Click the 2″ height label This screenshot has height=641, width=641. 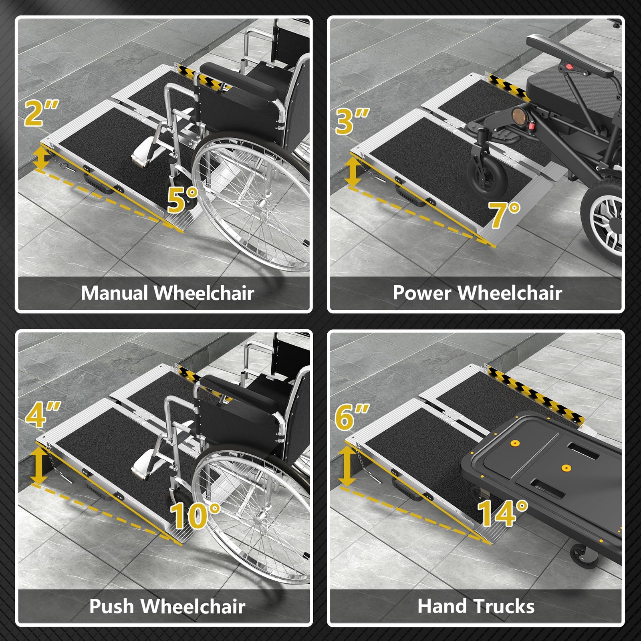pyautogui.click(x=41, y=113)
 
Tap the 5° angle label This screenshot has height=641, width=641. pyautogui.click(x=183, y=199)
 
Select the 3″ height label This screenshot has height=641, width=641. pyautogui.click(x=352, y=121)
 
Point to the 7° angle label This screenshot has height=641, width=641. pyautogui.click(x=504, y=215)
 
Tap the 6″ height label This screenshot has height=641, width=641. pyautogui.click(x=352, y=417)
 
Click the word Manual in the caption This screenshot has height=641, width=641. pyautogui.click(x=115, y=293)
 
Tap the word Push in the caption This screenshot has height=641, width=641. pyautogui.click(x=111, y=606)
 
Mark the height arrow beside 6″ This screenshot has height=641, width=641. pyautogui.click(x=347, y=466)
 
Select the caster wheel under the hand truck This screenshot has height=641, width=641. pyautogui.click(x=583, y=555)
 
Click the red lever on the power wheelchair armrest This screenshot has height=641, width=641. pyautogui.click(x=568, y=66)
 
